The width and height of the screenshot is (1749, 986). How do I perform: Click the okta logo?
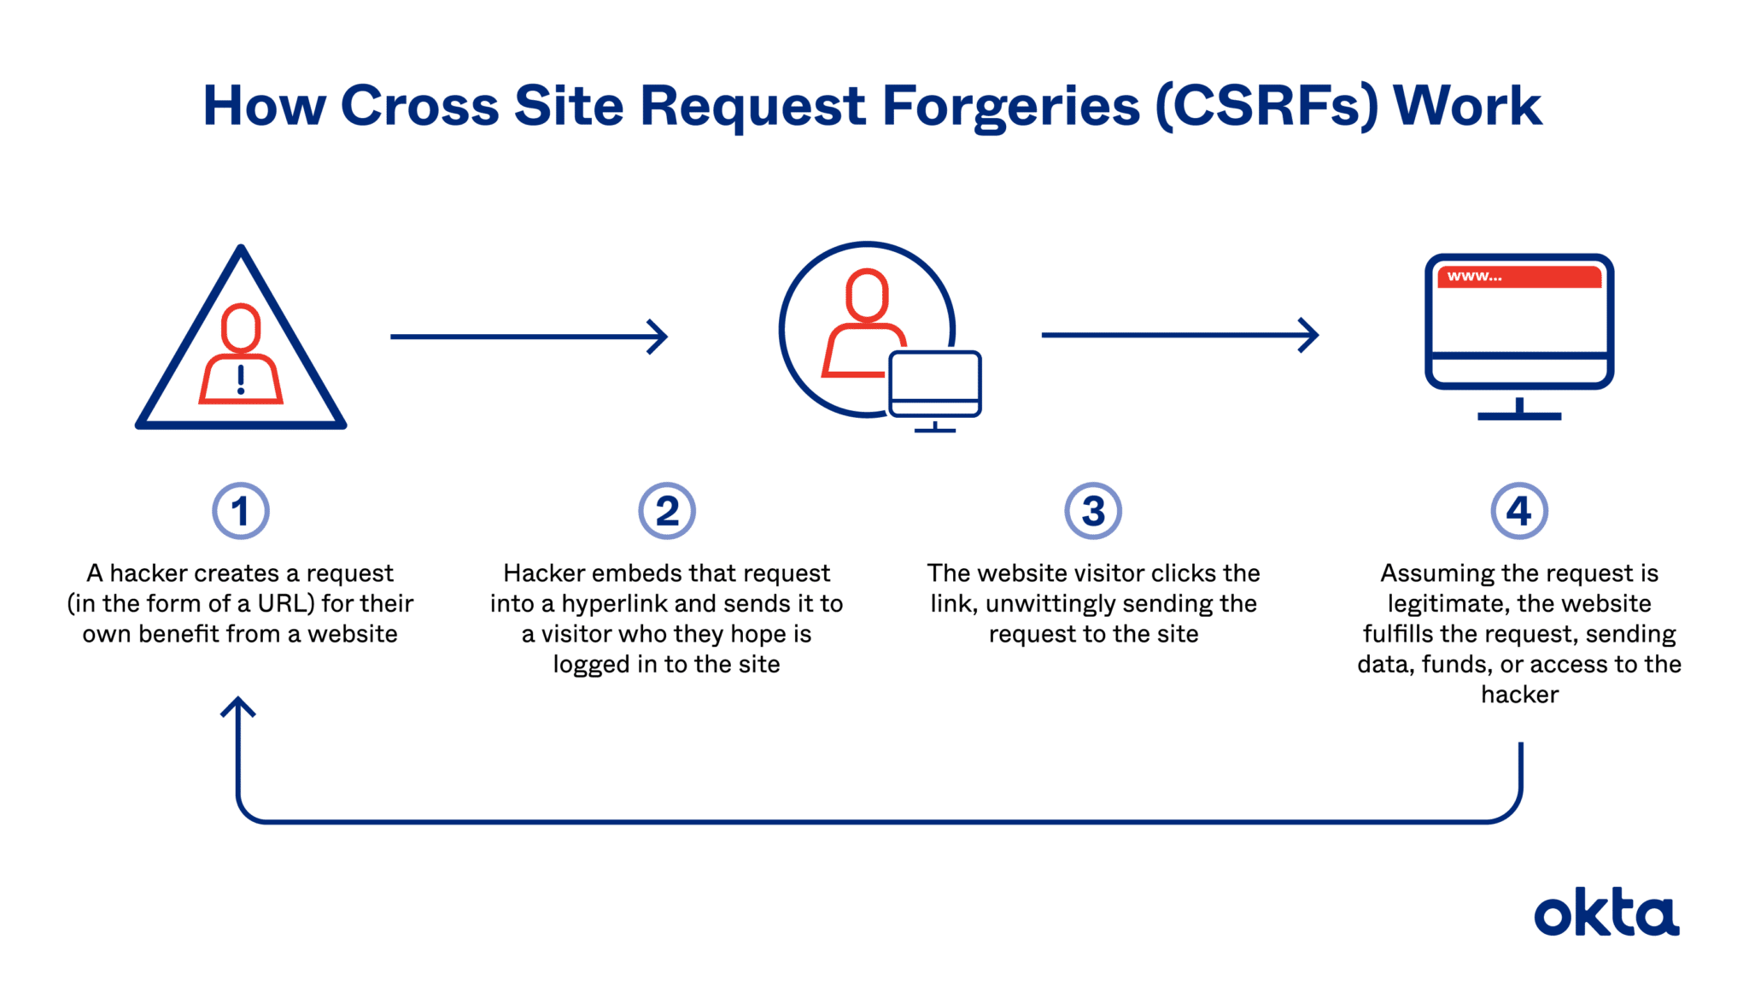click(1606, 915)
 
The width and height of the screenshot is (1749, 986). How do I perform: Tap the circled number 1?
click(241, 511)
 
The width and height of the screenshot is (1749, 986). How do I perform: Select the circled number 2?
click(667, 511)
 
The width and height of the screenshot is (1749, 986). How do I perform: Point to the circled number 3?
click(1093, 511)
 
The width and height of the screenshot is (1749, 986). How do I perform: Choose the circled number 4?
click(1519, 511)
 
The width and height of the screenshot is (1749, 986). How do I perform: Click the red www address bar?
click(1519, 277)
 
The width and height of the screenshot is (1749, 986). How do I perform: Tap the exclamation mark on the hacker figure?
click(241, 379)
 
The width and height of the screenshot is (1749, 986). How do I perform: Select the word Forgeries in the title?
click(1010, 107)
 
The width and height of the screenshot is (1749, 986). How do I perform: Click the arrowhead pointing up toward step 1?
click(238, 707)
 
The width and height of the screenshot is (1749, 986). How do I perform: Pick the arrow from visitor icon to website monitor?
click(1179, 335)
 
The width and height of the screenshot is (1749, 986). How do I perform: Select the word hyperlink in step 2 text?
click(615, 604)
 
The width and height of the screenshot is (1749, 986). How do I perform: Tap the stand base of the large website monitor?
click(1519, 416)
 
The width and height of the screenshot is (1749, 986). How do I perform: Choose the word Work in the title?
click(1467, 107)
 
